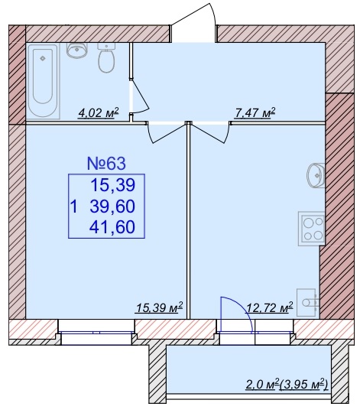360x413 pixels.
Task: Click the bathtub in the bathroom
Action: (43, 80)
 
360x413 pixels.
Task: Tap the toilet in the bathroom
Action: (106, 58)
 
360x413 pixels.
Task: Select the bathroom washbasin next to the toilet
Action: (76, 50)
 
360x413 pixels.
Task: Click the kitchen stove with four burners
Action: (311, 229)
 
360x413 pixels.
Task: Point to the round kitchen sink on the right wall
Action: (315, 175)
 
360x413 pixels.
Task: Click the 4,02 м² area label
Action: (99, 113)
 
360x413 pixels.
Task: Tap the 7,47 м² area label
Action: (255, 113)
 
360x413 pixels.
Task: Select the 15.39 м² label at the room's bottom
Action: (159, 307)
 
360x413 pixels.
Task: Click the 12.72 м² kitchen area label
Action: (269, 307)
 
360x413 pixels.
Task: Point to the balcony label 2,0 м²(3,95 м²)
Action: (287, 385)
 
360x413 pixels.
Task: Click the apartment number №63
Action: (106, 164)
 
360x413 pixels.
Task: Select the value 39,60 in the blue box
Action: (112, 206)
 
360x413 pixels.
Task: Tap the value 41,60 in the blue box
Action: (112, 227)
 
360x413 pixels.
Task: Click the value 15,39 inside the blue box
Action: (113, 185)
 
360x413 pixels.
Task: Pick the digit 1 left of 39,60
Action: (74, 206)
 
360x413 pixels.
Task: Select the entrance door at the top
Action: (194, 23)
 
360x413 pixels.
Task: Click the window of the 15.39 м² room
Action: (96, 333)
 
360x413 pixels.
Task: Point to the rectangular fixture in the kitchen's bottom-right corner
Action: (308, 302)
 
